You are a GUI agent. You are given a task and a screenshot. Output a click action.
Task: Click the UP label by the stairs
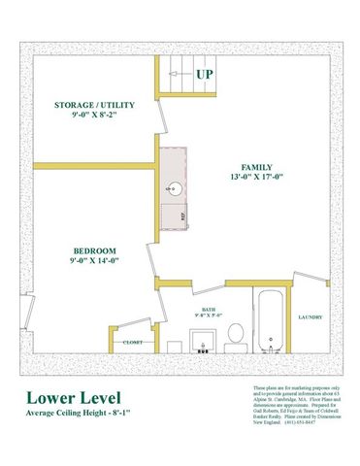click(205, 74)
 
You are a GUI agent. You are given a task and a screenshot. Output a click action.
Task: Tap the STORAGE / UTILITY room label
click(95, 104)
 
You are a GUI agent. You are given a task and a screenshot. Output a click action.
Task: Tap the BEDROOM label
click(94, 250)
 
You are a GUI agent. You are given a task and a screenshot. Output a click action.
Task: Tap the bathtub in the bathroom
click(266, 320)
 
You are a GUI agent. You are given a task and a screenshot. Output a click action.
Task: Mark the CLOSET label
click(132, 342)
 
